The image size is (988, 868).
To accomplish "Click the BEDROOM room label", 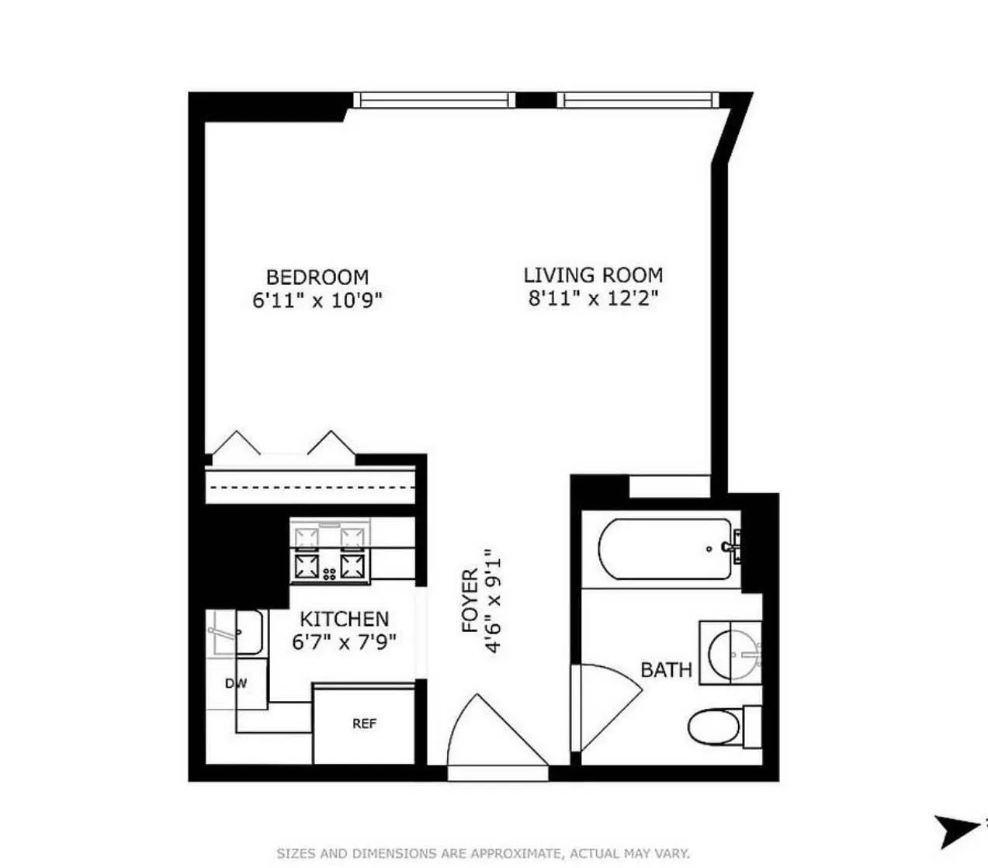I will (317, 277).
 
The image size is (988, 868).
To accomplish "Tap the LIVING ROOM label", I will (593, 275).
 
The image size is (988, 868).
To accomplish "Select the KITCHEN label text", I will (344, 619).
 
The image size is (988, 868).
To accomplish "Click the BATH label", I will (666, 669).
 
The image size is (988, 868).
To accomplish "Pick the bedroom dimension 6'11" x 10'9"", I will (317, 300).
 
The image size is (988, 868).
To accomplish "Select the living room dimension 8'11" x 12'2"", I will (593, 297).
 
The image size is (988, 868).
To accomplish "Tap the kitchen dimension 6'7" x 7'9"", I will (344, 642).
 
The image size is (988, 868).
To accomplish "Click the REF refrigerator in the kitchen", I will (364, 724).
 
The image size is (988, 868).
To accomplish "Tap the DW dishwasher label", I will (236, 683).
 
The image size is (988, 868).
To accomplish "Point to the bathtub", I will (665, 549).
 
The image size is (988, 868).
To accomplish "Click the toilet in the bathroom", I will (718, 727).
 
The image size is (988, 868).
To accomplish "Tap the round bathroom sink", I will (731, 652).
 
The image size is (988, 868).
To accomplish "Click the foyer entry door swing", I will (497, 734).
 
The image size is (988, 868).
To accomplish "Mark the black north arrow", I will (955, 829).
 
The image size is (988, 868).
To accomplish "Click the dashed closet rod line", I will (310, 488).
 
